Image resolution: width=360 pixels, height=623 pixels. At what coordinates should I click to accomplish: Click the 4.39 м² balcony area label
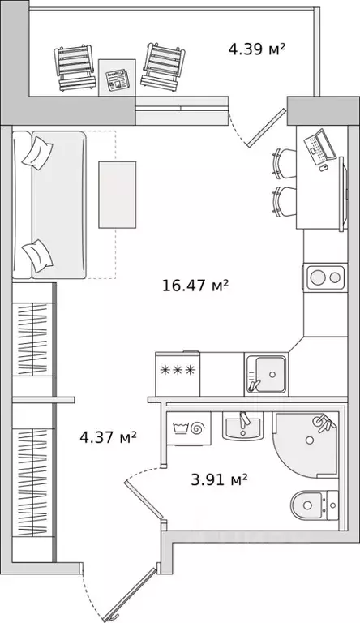click(257, 49)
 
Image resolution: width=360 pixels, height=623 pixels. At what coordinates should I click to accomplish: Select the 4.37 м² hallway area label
click(108, 437)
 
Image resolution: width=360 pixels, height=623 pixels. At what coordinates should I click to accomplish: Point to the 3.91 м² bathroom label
click(220, 479)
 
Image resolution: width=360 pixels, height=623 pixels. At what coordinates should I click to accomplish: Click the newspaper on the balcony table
click(118, 79)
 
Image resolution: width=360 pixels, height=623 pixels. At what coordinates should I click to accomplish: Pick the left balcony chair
click(75, 67)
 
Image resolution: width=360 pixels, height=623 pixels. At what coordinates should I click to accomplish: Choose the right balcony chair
click(163, 66)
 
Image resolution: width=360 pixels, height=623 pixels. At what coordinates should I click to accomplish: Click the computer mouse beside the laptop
click(324, 168)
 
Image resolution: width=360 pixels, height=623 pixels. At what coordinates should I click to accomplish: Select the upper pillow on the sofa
click(37, 153)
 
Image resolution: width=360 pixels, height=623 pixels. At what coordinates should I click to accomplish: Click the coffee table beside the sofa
click(118, 195)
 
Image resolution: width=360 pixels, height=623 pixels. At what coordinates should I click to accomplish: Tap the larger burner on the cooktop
click(318, 277)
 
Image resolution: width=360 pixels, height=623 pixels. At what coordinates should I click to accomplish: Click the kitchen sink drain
click(272, 374)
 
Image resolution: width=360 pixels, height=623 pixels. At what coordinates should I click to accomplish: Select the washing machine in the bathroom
click(189, 428)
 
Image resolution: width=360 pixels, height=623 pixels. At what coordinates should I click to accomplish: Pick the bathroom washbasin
click(242, 426)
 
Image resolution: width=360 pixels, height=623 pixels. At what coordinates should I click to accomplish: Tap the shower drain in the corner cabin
click(309, 440)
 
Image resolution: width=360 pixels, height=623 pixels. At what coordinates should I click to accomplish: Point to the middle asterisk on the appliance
click(178, 370)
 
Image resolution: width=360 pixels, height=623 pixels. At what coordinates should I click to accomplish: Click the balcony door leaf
click(267, 127)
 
